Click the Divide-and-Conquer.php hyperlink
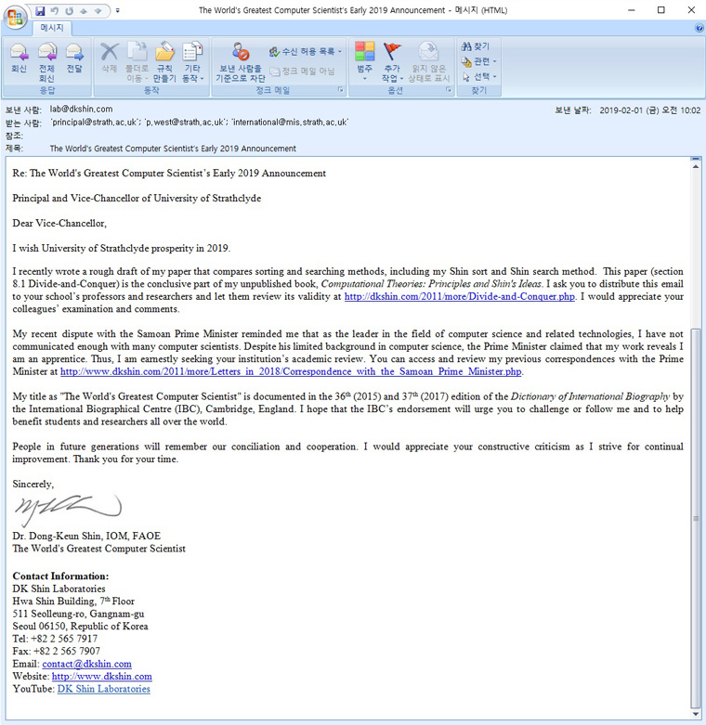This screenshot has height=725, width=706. point(459,297)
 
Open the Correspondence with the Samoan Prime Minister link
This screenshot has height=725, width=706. point(291,371)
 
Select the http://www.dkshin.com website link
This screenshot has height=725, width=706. point(101,677)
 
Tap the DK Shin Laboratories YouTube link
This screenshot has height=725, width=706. point(103,689)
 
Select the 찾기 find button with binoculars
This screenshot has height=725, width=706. point(476,45)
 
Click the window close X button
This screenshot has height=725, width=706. point(686,10)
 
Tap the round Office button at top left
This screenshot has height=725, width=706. point(15,19)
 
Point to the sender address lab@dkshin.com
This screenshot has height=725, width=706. point(81,109)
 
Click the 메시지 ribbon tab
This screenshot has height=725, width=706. point(51,28)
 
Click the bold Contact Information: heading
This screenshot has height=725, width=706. point(60,576)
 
